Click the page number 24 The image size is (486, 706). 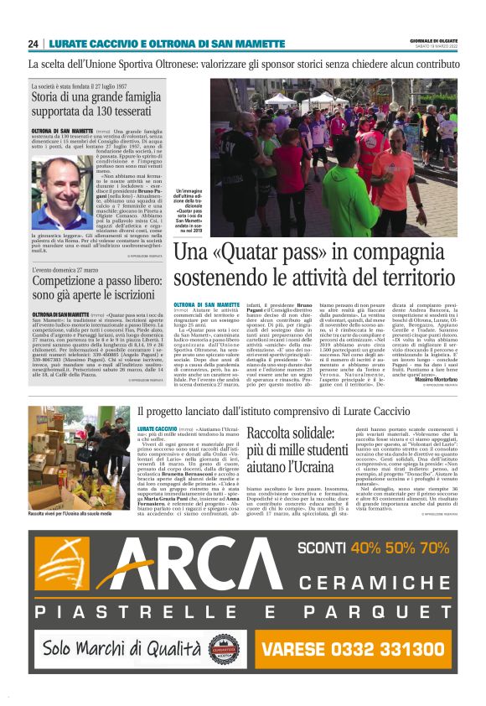pos(34,44)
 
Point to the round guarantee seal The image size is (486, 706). pos(224,648)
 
